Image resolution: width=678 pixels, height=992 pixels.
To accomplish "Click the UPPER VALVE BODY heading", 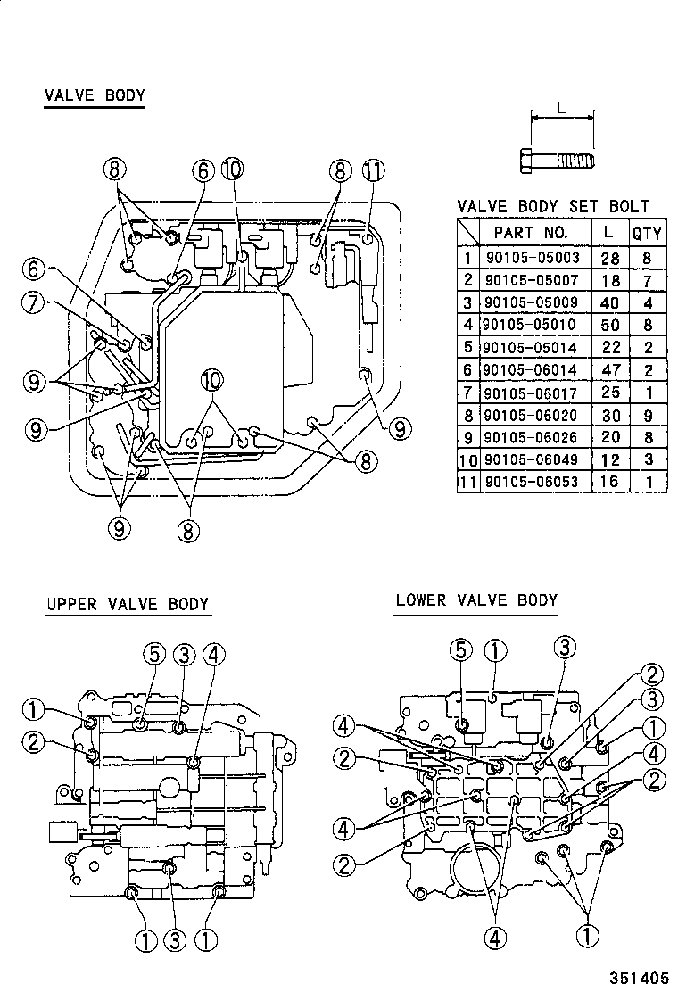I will click(x=128, y=604).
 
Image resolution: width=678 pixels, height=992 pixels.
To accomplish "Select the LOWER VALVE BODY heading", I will click(x=476, y=599).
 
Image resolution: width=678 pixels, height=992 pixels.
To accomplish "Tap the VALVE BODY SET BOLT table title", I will click(x=553, y=207).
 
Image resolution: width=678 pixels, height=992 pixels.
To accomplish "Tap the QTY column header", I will click(x=647, y=234).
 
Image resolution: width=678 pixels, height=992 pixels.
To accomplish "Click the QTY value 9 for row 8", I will click(x=647, y=415).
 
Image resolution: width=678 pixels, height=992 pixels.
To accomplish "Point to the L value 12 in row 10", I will click(x=610, y=459).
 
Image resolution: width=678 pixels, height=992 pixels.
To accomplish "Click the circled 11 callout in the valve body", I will click(x=373, y=169).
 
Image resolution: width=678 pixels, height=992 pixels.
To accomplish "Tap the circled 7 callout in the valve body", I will click(x=35, y=302).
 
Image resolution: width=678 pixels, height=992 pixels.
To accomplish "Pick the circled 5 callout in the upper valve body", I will click(x=153, y=655).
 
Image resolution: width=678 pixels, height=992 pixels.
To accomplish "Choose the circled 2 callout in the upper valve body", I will click(x=33, y=740).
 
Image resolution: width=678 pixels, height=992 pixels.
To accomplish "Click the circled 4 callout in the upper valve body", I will click(x=212, y=655).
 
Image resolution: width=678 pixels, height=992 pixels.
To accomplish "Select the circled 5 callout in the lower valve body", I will click(x=461, y=649).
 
